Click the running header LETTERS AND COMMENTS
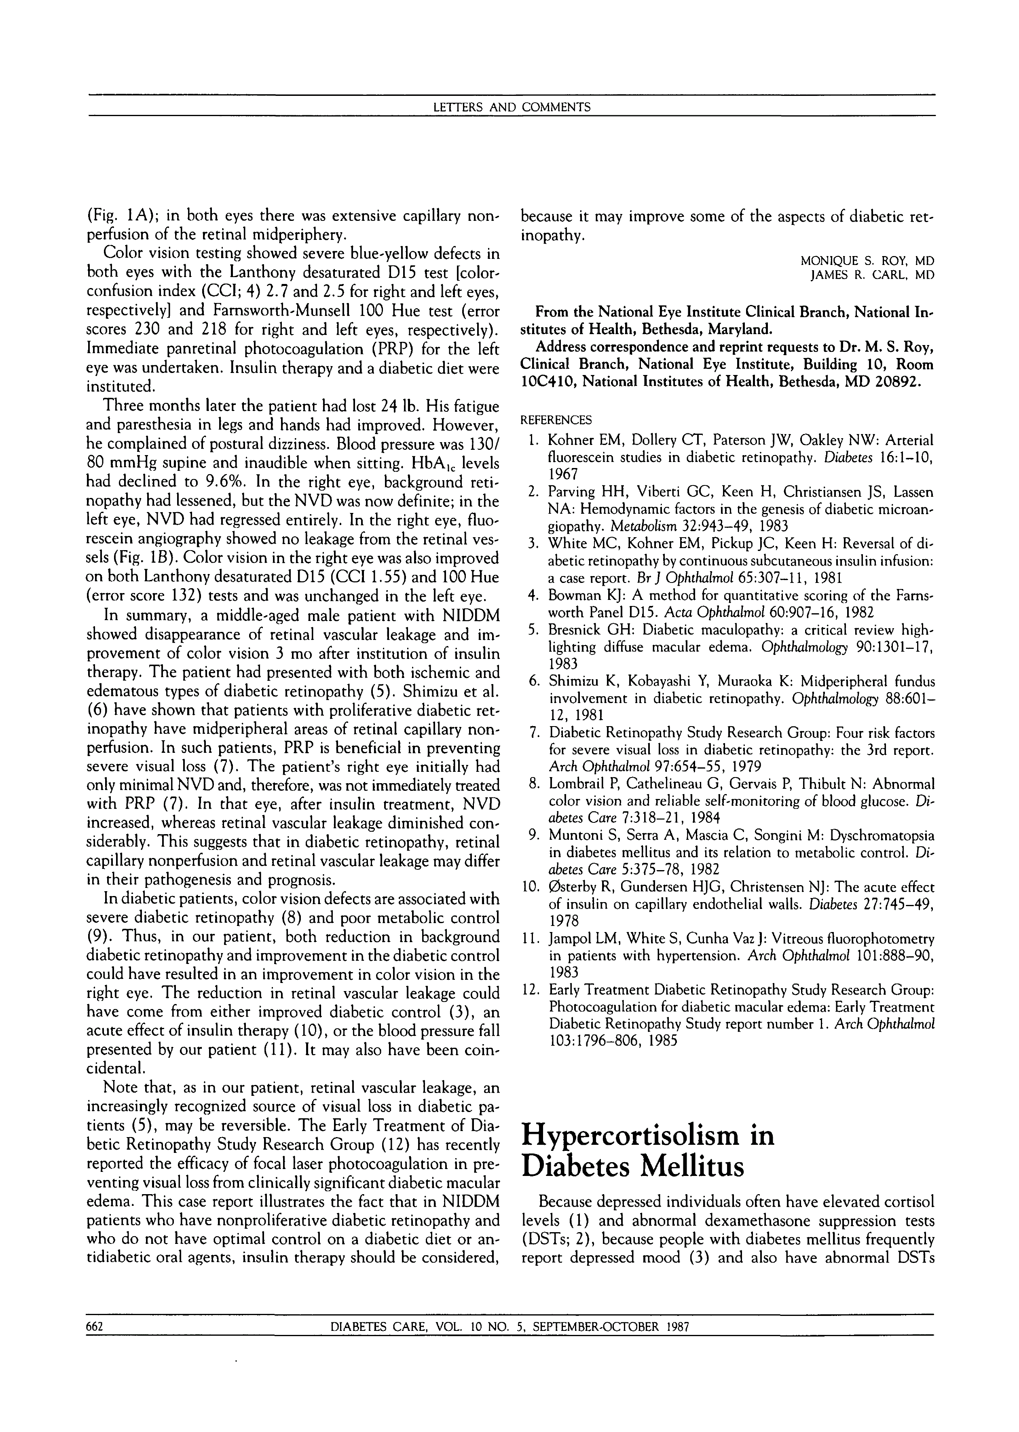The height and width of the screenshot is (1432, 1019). point(512,107)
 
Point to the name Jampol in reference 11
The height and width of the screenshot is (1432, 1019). point(569,939)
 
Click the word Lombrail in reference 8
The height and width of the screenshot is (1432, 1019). point(576,784)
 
